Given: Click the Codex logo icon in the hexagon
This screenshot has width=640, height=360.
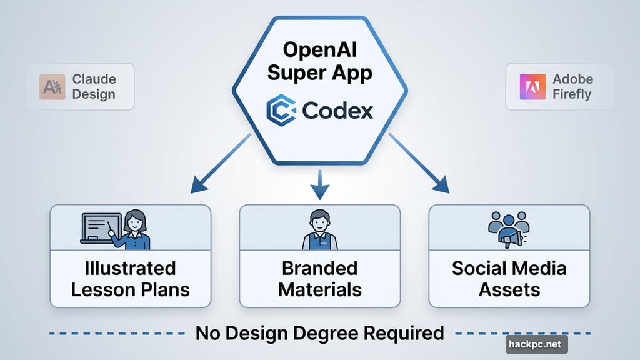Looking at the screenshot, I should click(280, 111).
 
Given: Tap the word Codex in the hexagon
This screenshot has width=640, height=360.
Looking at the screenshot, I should click(337, 111).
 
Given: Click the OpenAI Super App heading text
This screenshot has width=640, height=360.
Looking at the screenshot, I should click(319, 61).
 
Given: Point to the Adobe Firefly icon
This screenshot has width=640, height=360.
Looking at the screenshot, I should click(528, 87).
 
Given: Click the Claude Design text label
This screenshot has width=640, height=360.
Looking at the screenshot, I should click(94, 87).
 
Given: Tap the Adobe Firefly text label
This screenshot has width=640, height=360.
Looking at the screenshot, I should click(572, 87).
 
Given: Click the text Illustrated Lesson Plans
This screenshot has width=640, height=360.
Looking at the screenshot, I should click(131, 279).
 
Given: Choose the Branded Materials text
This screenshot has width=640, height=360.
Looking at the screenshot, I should click(319, 279).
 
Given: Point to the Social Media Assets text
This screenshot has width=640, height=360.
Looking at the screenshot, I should click(509, 279).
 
